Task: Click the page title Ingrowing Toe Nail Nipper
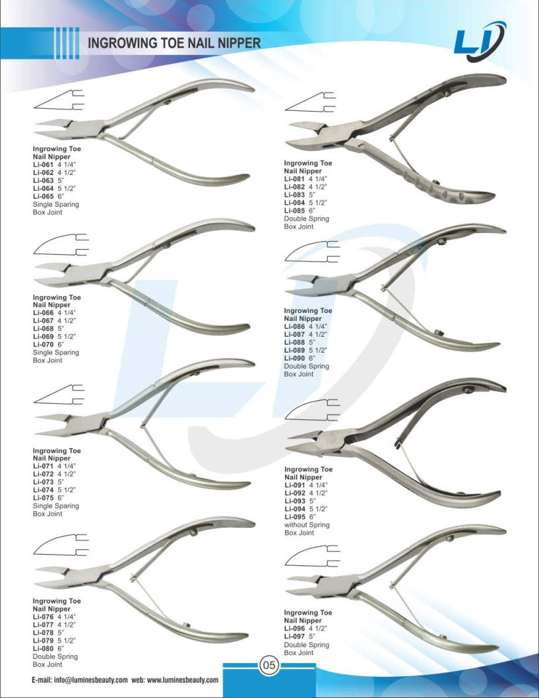tap(174, 43)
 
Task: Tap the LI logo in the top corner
tap(480, 42)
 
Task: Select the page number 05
tap(269, 665)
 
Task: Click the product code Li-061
tap(43, 164)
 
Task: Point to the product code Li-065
tap(43, 196)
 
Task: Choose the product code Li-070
tap(43, 345)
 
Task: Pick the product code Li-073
tap(43, 482)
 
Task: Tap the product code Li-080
tap(43, 648)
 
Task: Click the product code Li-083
tap(294, 195)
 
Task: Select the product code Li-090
tap(294, 359)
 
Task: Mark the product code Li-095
tap(295, 517)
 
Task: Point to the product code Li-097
tap(294, 637)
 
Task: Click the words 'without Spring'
tap(307, 525)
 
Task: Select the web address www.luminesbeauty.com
tap(183, 680)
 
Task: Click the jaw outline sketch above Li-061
tap(59, 100)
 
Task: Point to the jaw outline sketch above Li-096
tap(312, 557)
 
